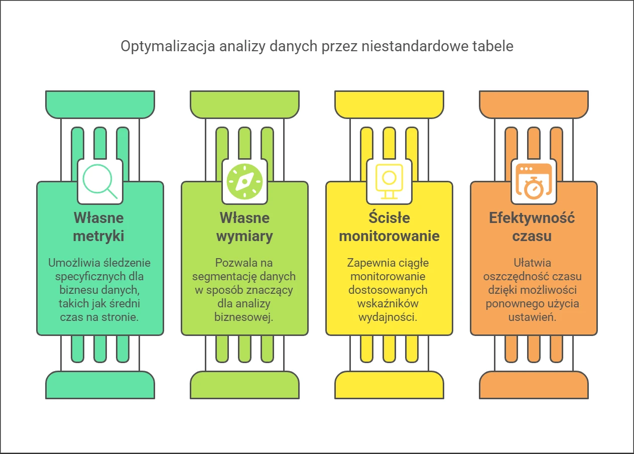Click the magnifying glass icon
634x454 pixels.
[97, 179]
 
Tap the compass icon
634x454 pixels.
[245, 181]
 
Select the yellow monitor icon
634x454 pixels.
[389, 181]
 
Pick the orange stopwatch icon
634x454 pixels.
[534, 181]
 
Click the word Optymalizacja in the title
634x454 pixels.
[168, 46]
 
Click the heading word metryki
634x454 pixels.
[98, 236]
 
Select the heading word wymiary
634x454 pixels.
[244, 236]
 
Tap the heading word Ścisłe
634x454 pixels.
[389, 217]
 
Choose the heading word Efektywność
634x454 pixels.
[532, 218]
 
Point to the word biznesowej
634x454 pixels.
[243, 317]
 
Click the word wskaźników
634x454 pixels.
[388, 304]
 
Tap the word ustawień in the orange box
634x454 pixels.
[532, 317]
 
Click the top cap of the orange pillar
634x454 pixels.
[534, 104]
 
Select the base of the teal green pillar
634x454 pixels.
[100, 385]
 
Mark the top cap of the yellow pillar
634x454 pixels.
[389, 104]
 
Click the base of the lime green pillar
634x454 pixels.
[245, 385]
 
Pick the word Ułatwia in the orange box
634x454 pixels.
[533, 263]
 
